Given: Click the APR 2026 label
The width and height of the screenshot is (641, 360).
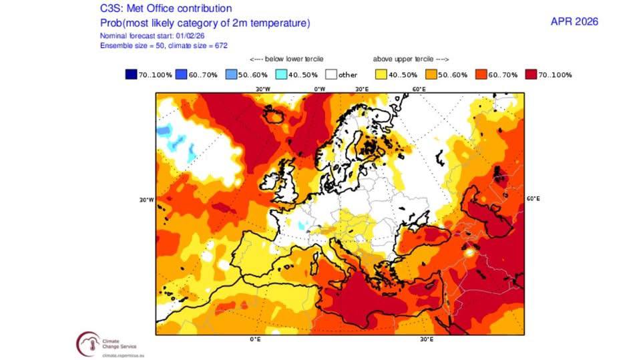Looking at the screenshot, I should tap(574, 21).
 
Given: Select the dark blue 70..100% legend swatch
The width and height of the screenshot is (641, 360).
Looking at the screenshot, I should tap(130, 74).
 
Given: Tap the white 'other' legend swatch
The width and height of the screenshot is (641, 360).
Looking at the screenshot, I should tap(331, 74).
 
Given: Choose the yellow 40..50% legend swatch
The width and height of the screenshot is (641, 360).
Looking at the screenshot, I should tap(381, 74).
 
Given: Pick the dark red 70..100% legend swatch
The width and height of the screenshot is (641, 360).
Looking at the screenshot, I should tap(531, 74).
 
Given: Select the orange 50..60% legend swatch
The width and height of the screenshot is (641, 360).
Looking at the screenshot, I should tap(431, 74).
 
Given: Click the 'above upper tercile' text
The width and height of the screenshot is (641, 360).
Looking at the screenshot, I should tap(411, 59).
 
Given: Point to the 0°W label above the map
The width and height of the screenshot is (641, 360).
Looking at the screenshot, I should tap(320, 88).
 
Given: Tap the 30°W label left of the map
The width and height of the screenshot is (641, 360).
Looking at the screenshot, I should tap(147, 199).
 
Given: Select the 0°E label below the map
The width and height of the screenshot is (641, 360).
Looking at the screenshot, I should tap(254, 339).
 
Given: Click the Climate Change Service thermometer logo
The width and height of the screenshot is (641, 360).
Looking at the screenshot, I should tap(87, 342).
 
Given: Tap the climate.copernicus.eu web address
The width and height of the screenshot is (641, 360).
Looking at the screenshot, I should tap(126, 356).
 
